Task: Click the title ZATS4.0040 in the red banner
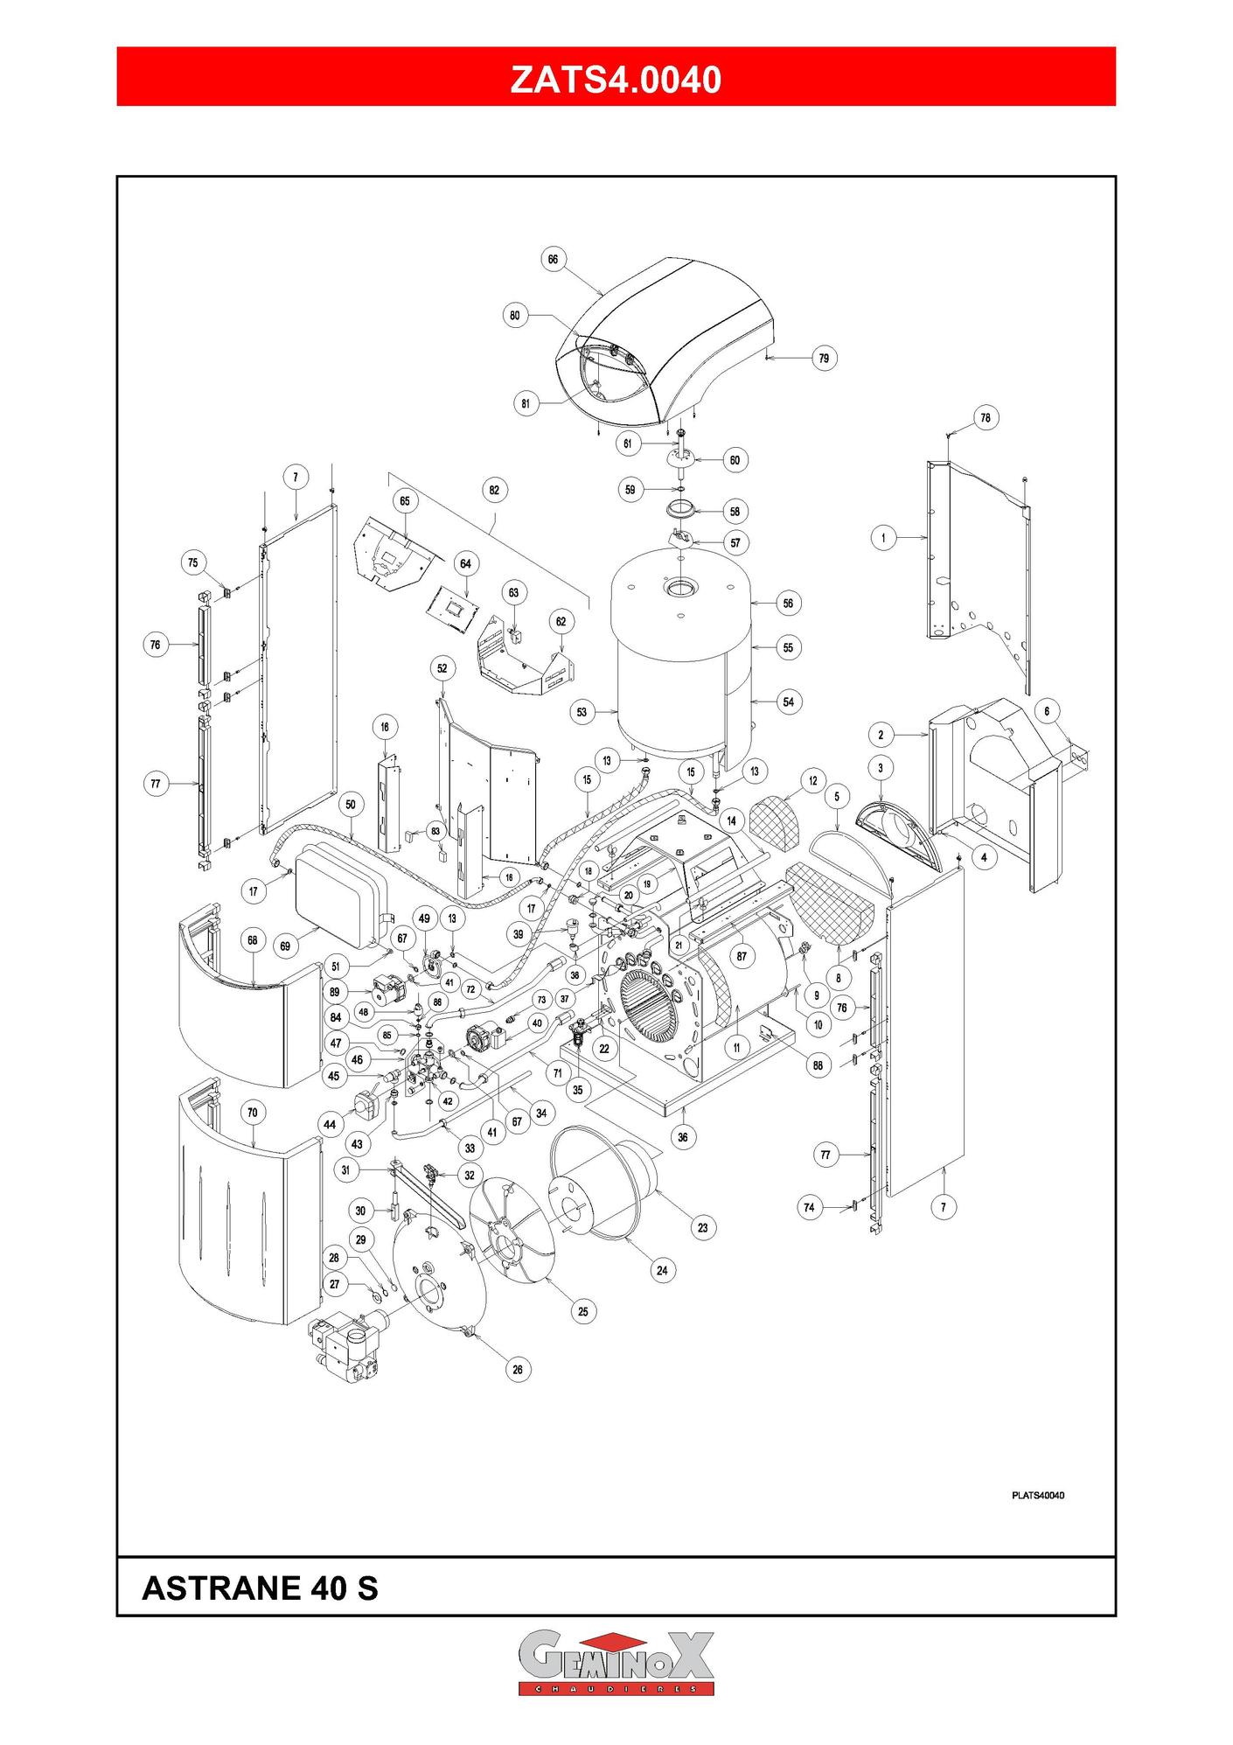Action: [616, 79]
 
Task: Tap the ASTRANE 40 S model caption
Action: [260, 1588]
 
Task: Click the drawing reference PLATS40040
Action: [1037, 1495]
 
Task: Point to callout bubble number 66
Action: [553, 259]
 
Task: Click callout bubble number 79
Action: [824, 358]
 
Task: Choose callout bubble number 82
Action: [494, 490]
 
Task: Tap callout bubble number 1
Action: [883, 537]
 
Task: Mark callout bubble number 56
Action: [788, 603]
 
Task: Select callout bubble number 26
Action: [518, 1369]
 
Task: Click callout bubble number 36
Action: [683, 1137]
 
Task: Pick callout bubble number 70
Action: [253, 1113]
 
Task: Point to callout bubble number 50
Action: [351, 805]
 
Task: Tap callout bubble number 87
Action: [742, 956]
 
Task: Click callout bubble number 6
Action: [1047, 711]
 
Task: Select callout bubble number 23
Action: [702, 1227]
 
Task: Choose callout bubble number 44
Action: [330, 1125]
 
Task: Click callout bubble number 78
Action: [986, 418]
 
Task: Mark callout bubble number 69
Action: [285, 946]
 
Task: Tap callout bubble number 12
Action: [813, 781]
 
